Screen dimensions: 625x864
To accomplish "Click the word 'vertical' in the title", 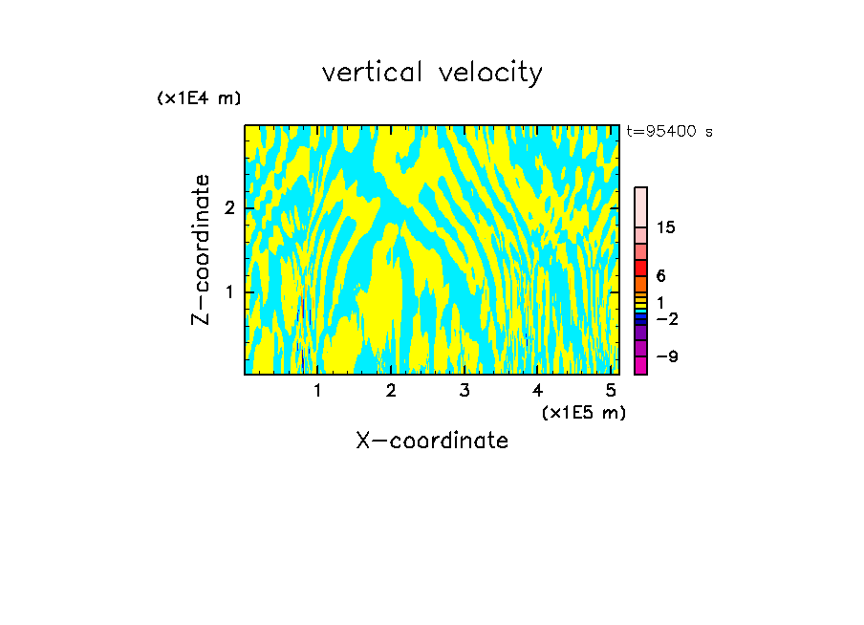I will point(366,73).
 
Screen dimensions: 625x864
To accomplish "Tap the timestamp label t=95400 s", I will point(669,132).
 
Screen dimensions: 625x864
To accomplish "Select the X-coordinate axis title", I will point(432,441).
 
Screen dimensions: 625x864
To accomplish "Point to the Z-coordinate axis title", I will point(201,249).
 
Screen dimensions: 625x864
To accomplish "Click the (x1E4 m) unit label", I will point(199,97).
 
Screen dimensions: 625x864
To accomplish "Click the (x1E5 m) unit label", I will point(583,412).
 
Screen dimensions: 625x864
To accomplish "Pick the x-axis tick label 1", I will point(317,390).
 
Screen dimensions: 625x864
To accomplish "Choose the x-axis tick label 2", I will point(391,390).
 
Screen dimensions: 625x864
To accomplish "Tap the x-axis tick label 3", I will point(464,390).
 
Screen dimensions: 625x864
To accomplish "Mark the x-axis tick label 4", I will point(538,390).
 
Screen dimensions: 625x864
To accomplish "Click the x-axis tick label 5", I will point(611,390).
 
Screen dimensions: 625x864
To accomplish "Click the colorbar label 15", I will point(666,227).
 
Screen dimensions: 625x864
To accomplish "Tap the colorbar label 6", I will point(660,276).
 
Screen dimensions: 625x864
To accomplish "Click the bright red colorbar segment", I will point(641,268).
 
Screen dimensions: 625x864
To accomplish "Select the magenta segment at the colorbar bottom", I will point(641,365).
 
